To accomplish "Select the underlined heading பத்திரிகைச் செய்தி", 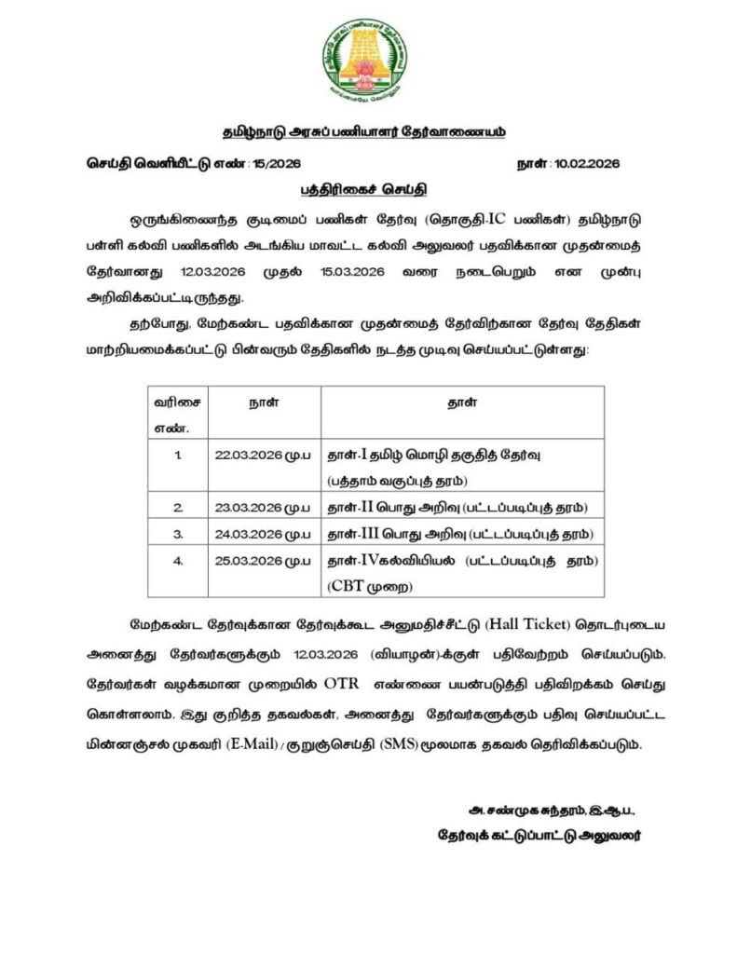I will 363,190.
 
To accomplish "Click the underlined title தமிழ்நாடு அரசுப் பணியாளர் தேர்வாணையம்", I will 364,132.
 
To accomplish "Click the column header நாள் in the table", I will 263,403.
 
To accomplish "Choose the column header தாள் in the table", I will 463,403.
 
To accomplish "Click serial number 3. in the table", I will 177,534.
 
